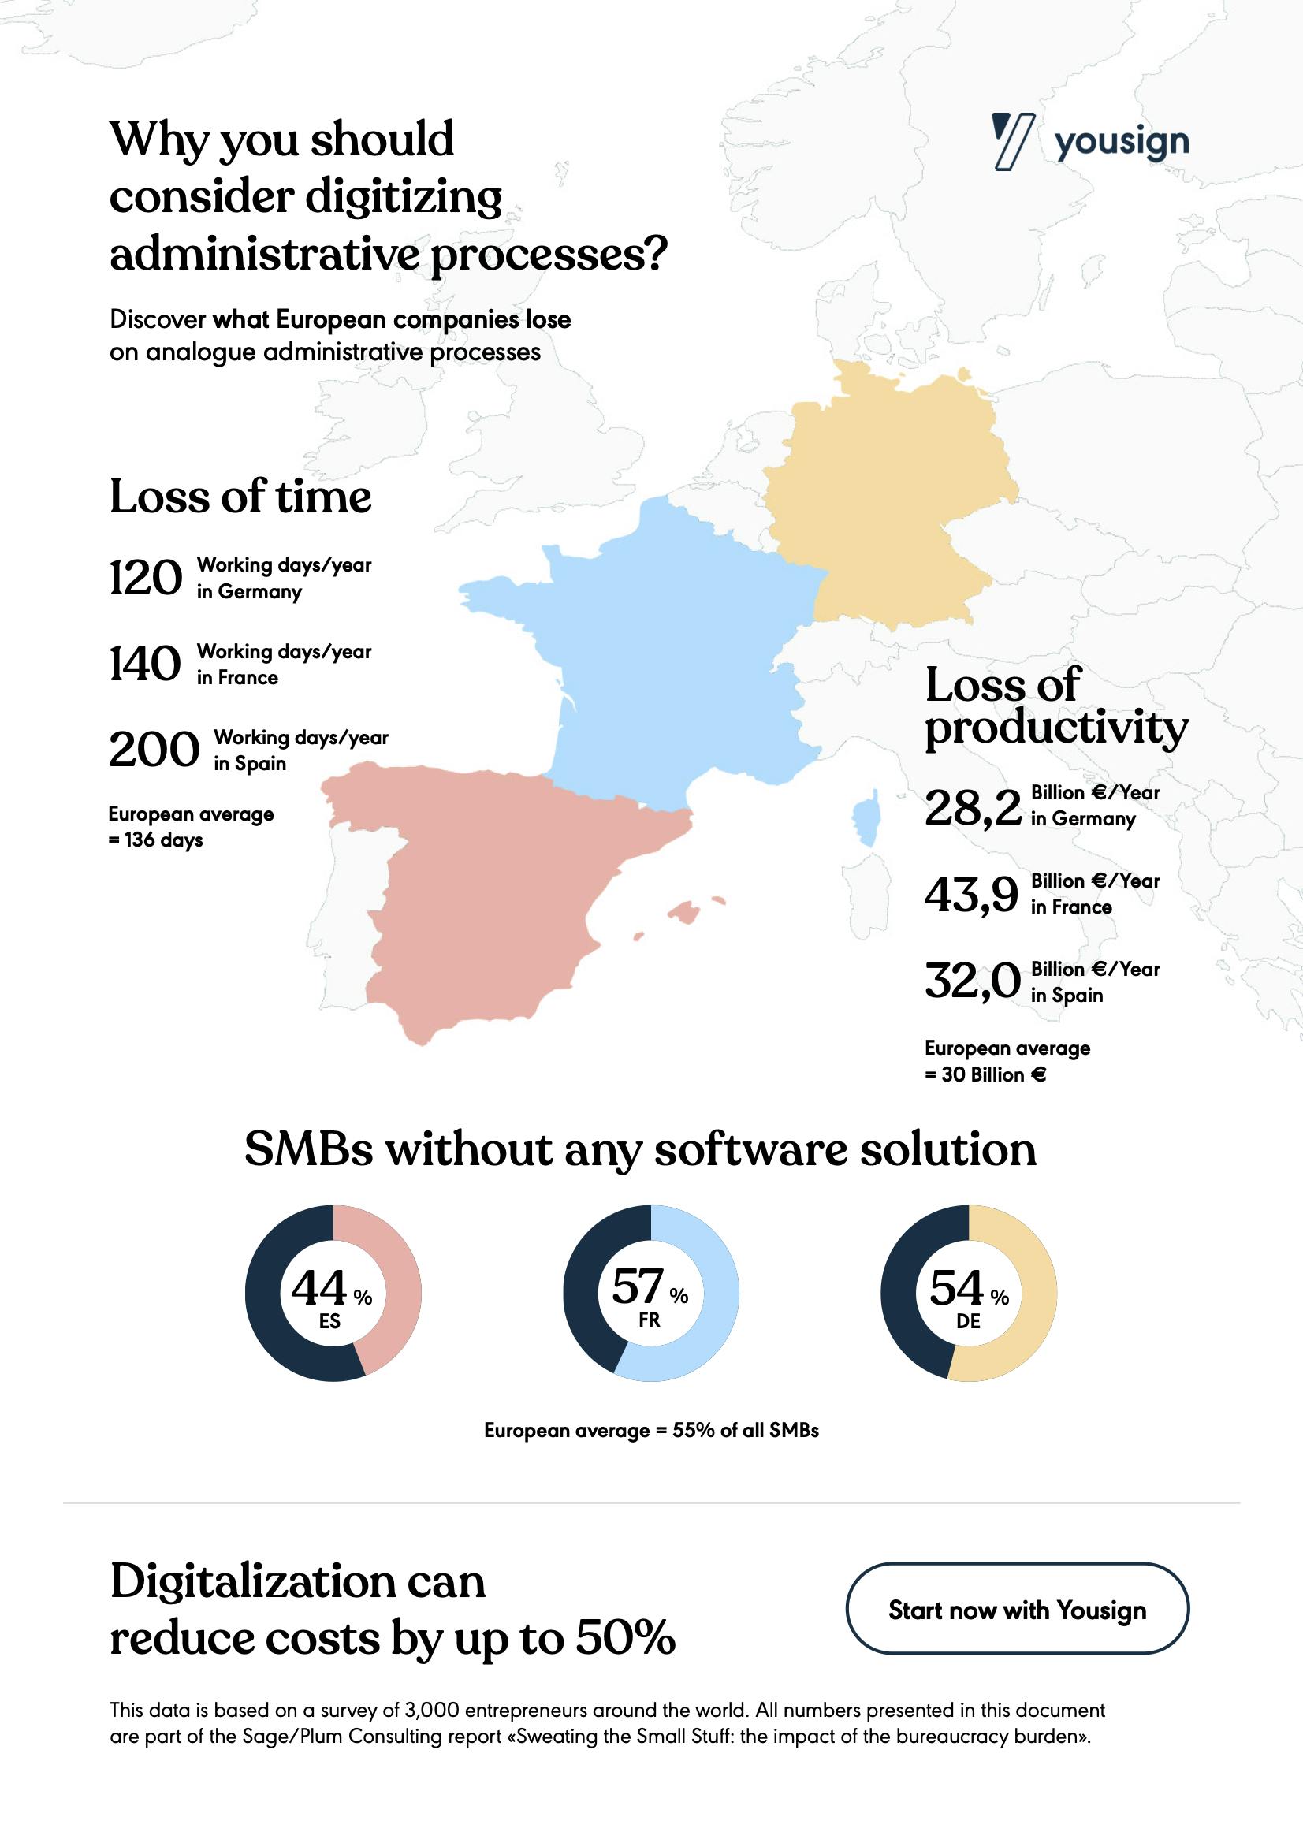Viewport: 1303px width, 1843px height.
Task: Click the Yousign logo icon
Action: click(1012, 141)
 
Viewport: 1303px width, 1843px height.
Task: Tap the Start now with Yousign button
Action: click(1017, 1610)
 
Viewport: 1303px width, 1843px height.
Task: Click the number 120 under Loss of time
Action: click(145, 578)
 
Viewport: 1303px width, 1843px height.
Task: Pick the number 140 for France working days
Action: click(145, 664)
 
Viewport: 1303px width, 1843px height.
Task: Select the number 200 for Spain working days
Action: click(154, 750)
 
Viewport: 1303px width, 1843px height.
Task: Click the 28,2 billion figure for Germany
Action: click(972, 807)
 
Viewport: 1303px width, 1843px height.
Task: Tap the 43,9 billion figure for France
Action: click(971, 895)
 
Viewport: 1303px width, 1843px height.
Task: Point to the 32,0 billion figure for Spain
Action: click(972, 981)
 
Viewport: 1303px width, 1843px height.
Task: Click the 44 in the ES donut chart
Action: click(319, 1288)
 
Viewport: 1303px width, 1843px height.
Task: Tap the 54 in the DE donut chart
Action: click(956, 1288)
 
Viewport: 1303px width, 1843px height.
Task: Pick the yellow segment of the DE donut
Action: click(1033, 1301)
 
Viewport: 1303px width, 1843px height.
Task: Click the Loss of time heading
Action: click(240, 496)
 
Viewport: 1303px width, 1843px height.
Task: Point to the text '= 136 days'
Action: click(156, 840)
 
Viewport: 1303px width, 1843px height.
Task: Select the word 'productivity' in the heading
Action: click(1055, 728)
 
